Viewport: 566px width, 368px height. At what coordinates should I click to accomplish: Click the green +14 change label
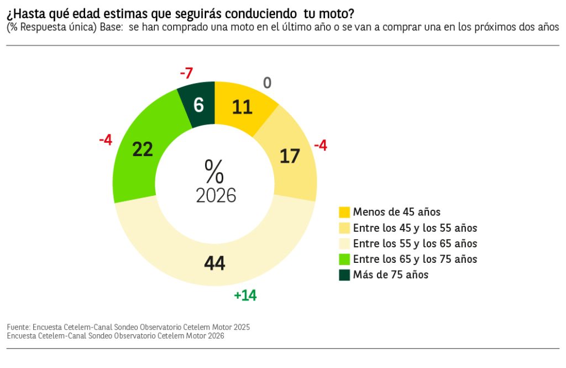coord(245,296)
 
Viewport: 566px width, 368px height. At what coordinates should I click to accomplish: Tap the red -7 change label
coord(186,72)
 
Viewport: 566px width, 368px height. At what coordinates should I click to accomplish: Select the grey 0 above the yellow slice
coord(267,83)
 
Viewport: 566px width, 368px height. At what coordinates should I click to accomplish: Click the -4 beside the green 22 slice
coord(106,140)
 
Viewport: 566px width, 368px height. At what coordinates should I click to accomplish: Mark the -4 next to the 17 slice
coord(321,146)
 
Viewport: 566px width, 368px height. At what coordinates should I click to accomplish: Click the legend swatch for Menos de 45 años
coord(344,212)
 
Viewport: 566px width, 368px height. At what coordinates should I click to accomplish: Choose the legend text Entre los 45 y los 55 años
coord(415,228)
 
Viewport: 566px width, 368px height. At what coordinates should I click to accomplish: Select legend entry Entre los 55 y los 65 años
coord(415,243)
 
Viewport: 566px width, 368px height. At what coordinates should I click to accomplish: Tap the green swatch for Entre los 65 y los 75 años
coord(344,259)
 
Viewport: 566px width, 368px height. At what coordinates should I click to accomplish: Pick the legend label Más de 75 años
coord(390,274)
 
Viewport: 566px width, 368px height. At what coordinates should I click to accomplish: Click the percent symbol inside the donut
coord(214,171)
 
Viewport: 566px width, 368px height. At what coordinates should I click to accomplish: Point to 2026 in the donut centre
coord(216,195)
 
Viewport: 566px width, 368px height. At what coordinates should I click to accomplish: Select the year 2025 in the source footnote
coord(241,327)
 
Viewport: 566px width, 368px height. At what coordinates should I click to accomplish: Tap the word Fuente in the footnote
coord(18,327)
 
